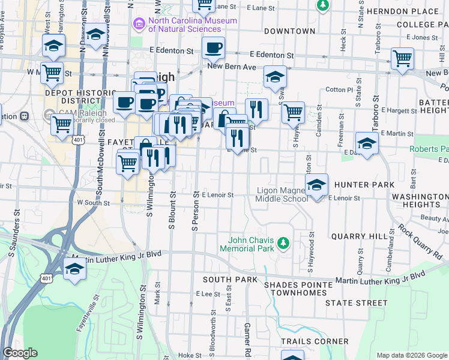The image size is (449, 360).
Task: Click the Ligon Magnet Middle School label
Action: (x=282, y=194)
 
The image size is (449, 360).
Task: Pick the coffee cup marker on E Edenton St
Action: (x=212, y=48)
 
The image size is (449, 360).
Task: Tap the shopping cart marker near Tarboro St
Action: (x=402, y=59)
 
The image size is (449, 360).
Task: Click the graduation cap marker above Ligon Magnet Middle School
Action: (x=316, y=185)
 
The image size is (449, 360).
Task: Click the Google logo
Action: (x=20, y=353)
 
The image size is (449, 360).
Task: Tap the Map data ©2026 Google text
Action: (x=411, y=355)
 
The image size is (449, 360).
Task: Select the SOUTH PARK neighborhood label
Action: (x=229, y=280)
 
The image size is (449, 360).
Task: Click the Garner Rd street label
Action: (x=247, y=336)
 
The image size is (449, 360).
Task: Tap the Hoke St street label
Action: (x=190, y=355)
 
